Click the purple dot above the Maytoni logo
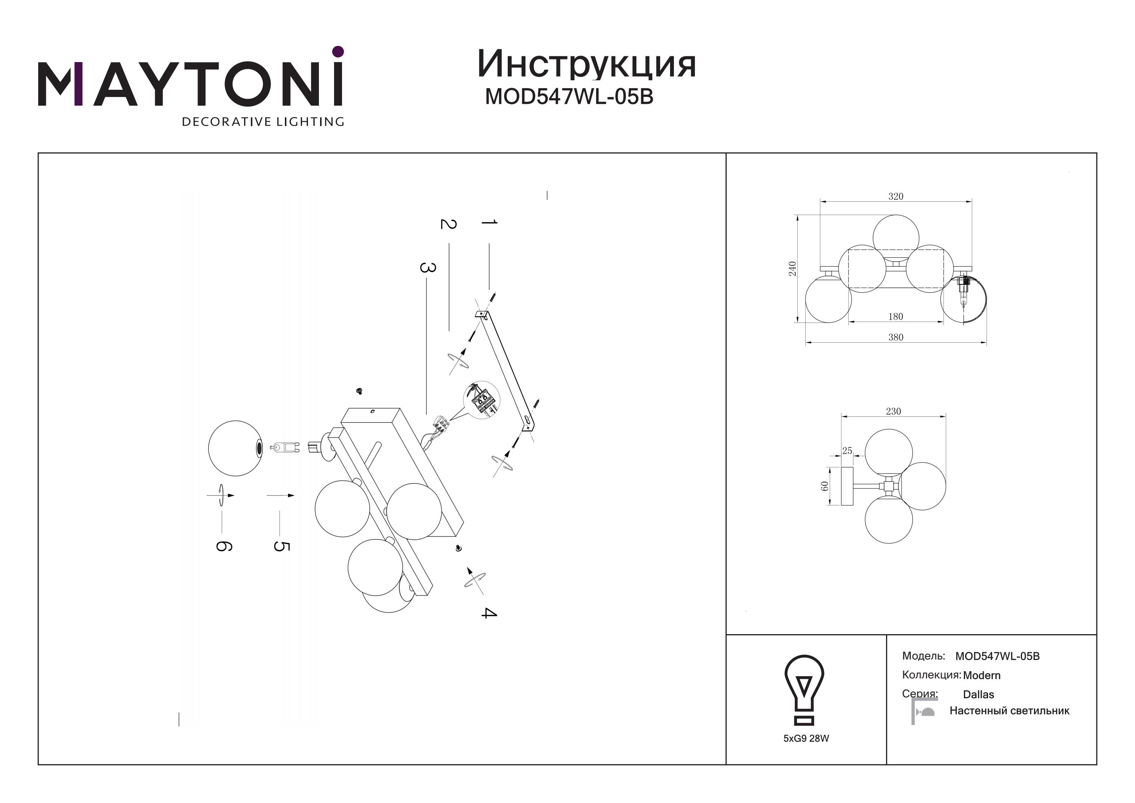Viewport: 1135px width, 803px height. (x=338, y=51)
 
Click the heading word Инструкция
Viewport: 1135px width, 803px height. (x=586, y=64)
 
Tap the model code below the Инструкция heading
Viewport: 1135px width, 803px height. (x=569, y=97)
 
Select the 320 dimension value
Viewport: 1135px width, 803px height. (x=896, y=196)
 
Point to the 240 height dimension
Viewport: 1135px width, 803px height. (x=793, y=269)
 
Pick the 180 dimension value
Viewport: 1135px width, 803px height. (x=896, y=317)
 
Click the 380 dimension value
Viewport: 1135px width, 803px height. (x=896, y=337)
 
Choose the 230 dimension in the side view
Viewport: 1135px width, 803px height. (x=893, y=412)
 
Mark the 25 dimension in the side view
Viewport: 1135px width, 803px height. (x=847, y=451)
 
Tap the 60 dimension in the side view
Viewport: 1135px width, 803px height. (x=824, y=486)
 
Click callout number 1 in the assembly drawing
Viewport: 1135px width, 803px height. (x=489, y=223)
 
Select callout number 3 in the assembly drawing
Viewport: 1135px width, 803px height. (x=428, y=268)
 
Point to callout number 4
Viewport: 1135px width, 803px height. (x=488, y=613)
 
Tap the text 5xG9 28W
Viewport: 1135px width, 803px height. (x=806, y=739)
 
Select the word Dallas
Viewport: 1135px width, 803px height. (x=978, y=695)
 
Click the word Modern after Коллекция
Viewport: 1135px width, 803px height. (x=982, y=675)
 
